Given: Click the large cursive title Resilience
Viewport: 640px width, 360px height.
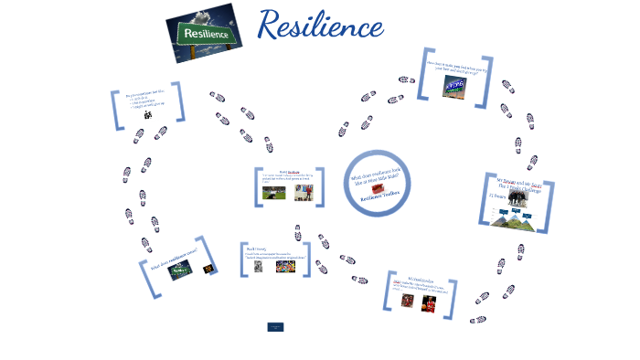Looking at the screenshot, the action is [x=320, y=26].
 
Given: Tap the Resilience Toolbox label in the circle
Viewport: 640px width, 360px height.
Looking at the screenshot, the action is [x=377, y=197].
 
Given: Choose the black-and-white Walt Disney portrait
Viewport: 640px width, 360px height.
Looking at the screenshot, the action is [x=259, y=267].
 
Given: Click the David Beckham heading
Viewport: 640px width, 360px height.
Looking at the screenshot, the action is [x=290, y=171].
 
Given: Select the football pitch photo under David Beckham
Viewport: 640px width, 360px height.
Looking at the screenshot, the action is [x=273, y=193].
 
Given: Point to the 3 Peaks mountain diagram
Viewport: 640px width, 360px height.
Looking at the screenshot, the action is [x=517, y=217].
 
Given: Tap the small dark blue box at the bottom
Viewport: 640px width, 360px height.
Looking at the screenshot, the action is [x=275, y=326].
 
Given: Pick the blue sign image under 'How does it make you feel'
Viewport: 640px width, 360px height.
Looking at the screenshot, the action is [x=455, y=85].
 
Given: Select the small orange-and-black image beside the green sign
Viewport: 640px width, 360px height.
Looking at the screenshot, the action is [x=208, y=269].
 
